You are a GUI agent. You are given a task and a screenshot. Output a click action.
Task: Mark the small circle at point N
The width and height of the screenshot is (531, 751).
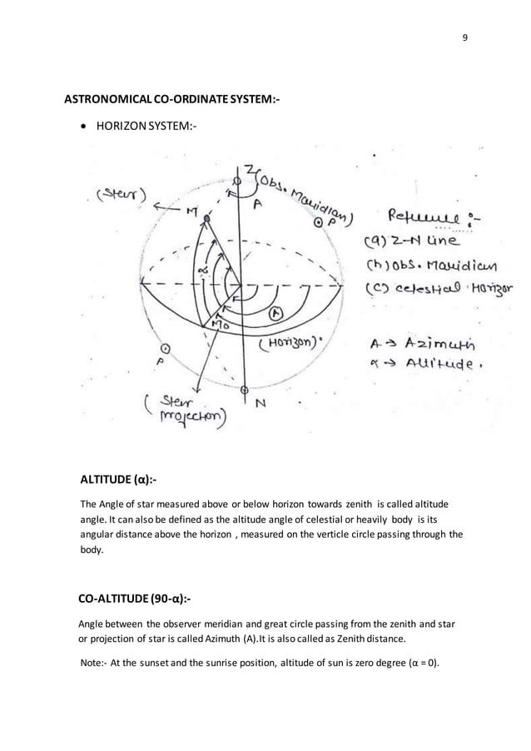pos(244,390)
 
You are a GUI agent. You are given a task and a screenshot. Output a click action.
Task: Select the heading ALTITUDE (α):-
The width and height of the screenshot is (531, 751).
pos(117,480)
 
